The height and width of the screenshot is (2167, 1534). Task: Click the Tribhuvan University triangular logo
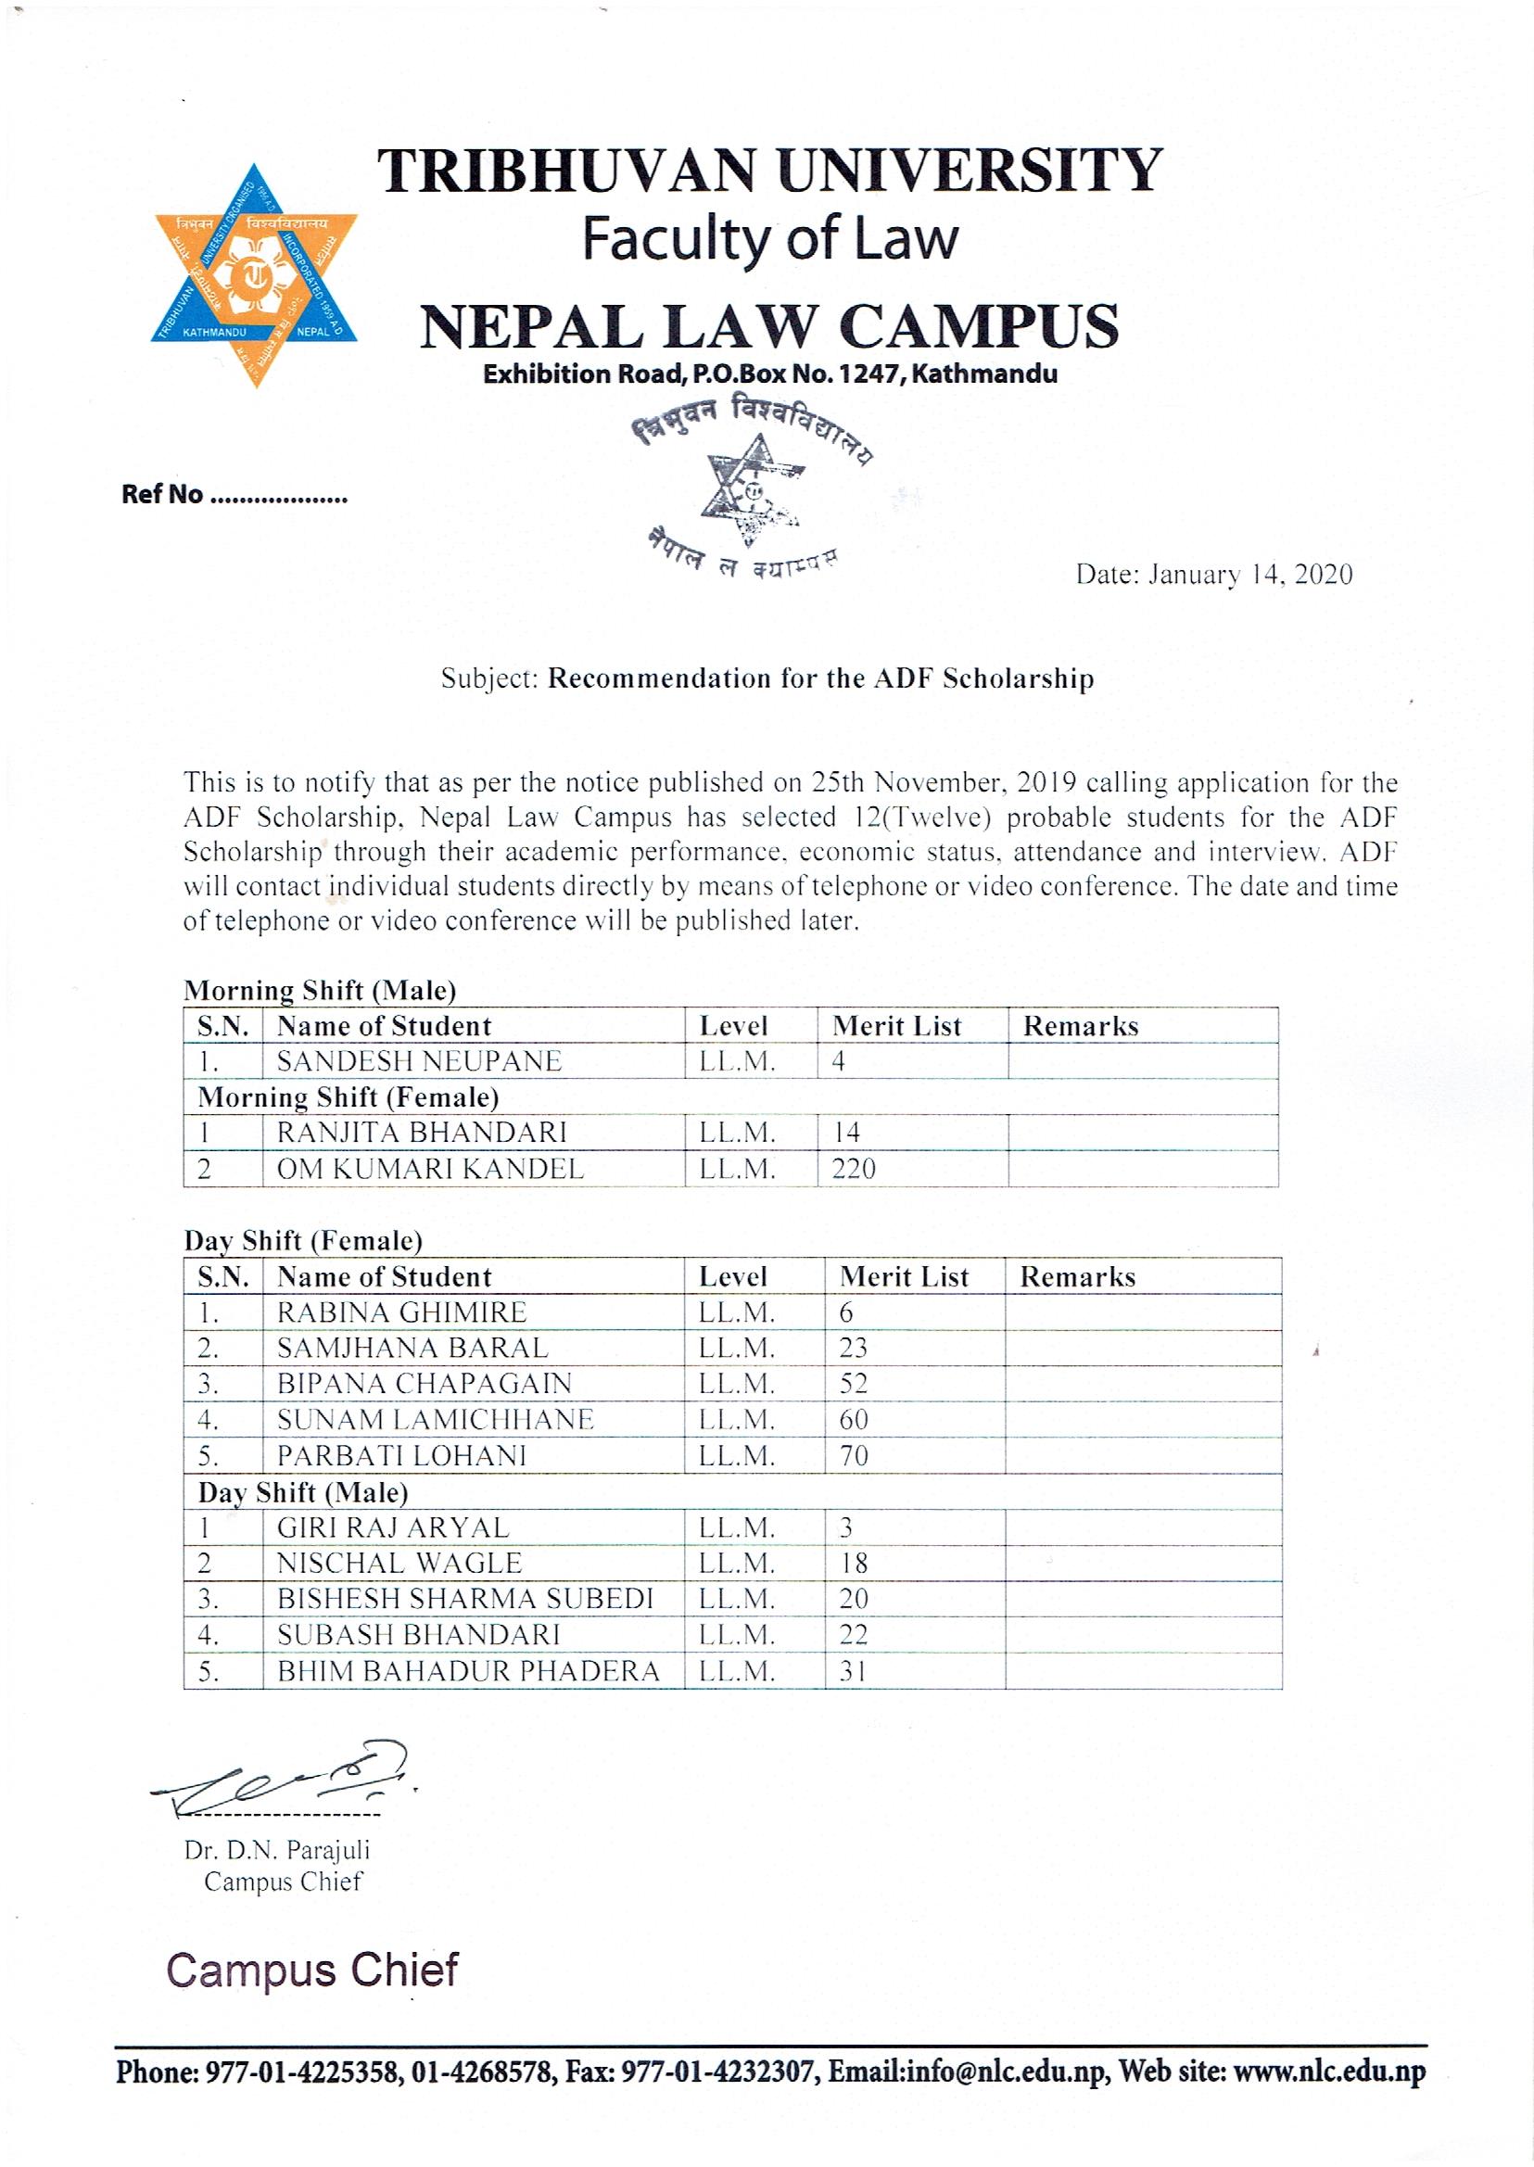pos(255,275)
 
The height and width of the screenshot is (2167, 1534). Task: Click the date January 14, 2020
pos(1214,575)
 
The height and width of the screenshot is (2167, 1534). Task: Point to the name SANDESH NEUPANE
pos(418,1061)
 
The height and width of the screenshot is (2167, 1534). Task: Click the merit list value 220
pos(853,1170)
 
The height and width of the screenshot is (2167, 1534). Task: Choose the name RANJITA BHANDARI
pos(422,1133)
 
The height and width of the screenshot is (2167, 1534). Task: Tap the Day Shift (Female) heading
pos(302,1240)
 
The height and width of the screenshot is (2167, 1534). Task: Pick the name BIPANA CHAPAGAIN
pos(425,1384)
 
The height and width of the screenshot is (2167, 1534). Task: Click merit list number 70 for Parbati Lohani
pos(853,1456)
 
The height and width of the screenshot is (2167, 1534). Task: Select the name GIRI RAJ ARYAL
pos(393,1527)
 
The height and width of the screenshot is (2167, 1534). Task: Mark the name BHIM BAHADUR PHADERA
pos(467,1671)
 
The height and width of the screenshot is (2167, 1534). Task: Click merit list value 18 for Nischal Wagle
pos(853,1564)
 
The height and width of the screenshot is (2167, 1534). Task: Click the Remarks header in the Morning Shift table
pos(1081,1026)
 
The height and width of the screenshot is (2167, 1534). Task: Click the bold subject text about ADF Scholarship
pos(821,678)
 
